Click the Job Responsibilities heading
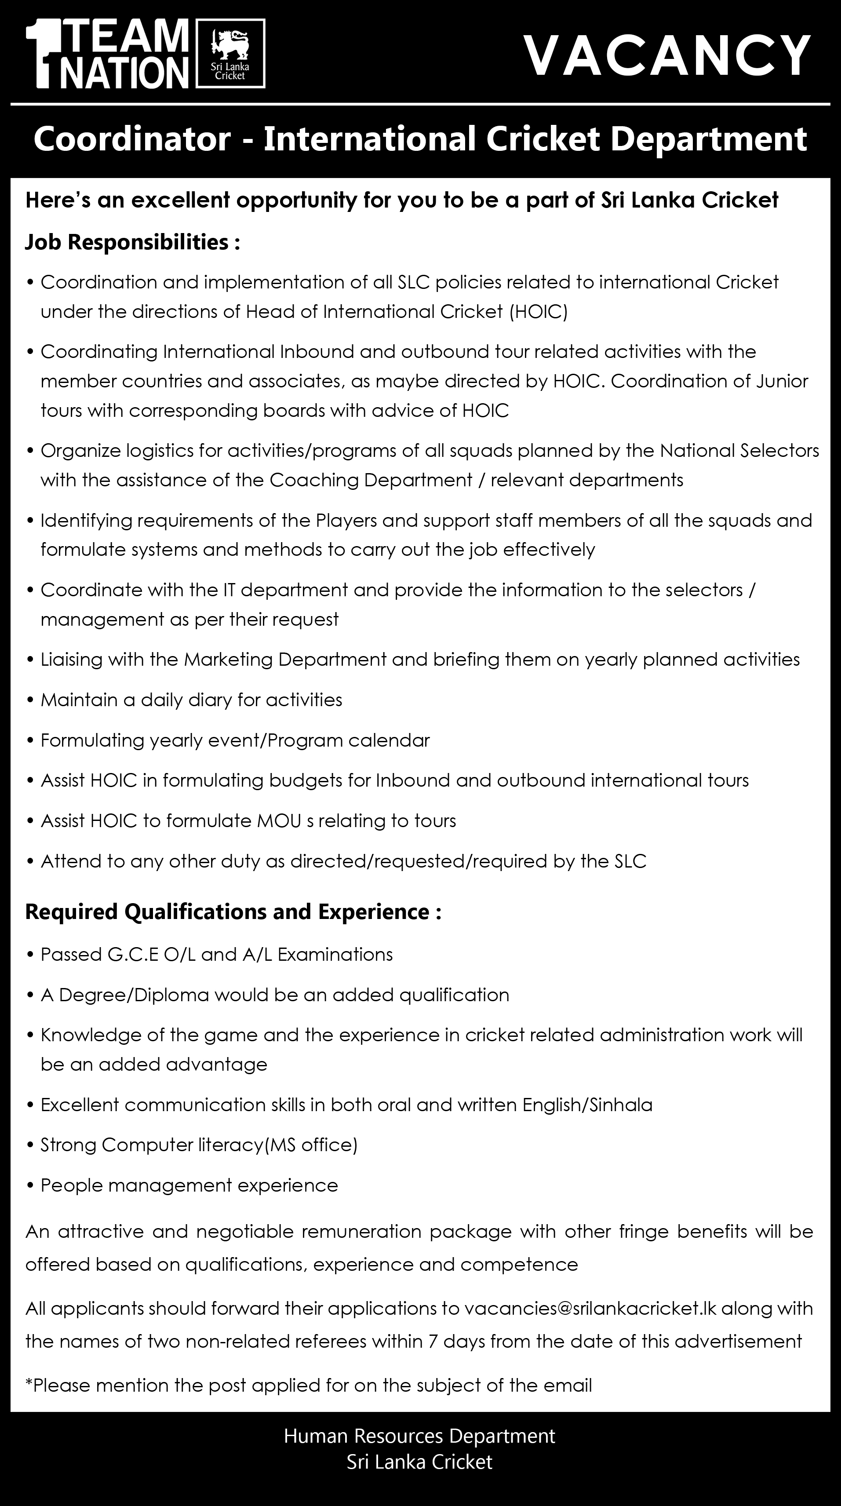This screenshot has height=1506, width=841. [x=132, y=242]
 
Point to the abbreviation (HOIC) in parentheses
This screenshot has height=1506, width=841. [x=538, y=312]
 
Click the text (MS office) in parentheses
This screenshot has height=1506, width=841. [x=311, y=1145]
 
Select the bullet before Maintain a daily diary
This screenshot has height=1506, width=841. [x=31, y=700]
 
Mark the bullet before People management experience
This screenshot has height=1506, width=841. [x=31, y=1185]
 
